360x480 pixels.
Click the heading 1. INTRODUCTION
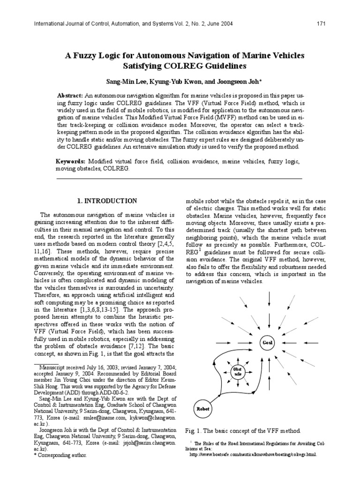point(107,201)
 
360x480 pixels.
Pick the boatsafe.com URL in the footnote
point(253,454)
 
